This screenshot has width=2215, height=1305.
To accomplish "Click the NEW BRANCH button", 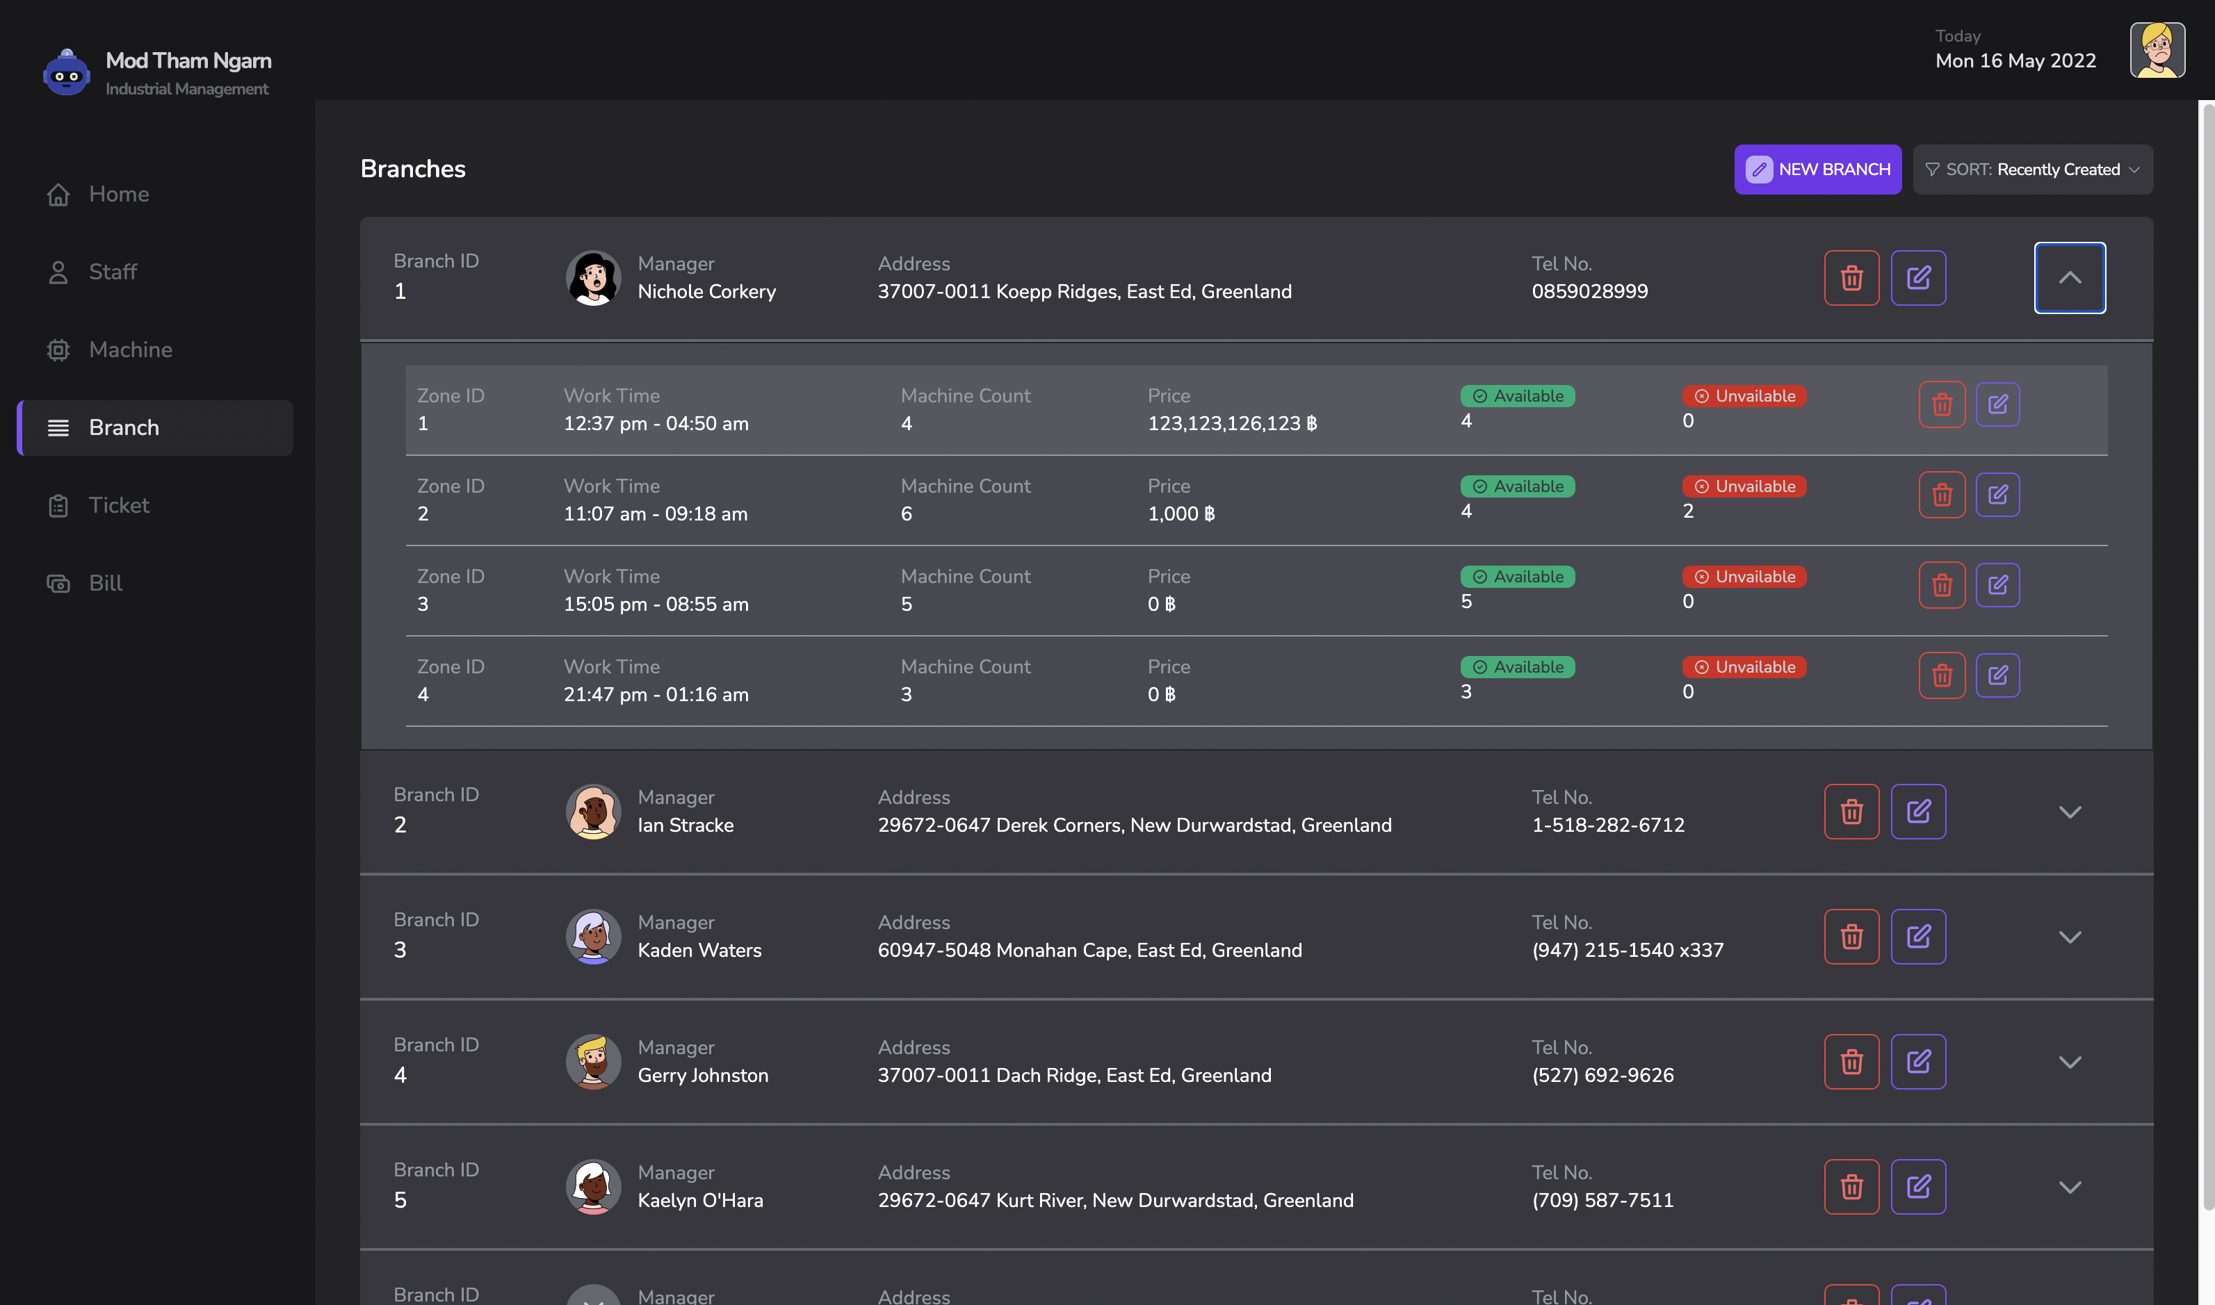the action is pos(1817,169).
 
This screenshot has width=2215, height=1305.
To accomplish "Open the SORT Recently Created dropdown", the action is pos(2033,169).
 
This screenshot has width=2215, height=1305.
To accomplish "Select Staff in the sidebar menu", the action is pos(113,272).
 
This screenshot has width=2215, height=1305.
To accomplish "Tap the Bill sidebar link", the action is pos(106,583).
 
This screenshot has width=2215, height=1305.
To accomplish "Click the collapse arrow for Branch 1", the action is pos(2070,278).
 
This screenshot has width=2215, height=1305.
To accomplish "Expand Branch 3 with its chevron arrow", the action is pos(2070,937).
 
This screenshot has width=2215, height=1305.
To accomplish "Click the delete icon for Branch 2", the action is pos(1851,812).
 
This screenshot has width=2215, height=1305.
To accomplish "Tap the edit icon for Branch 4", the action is pos(1919,1061).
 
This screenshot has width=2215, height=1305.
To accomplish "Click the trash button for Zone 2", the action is pos(1942,495).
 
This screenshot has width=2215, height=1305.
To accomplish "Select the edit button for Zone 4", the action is pos(1997,675).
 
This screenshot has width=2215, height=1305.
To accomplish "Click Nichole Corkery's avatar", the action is pos(594,278).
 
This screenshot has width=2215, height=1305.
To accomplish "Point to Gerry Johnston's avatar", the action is pos(594,1061).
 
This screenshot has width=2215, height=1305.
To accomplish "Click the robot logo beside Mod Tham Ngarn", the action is pos(67,73).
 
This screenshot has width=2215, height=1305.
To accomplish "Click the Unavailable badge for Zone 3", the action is pos(1744,577).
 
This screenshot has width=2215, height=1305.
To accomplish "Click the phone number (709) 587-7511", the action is pos(1603,1200).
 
